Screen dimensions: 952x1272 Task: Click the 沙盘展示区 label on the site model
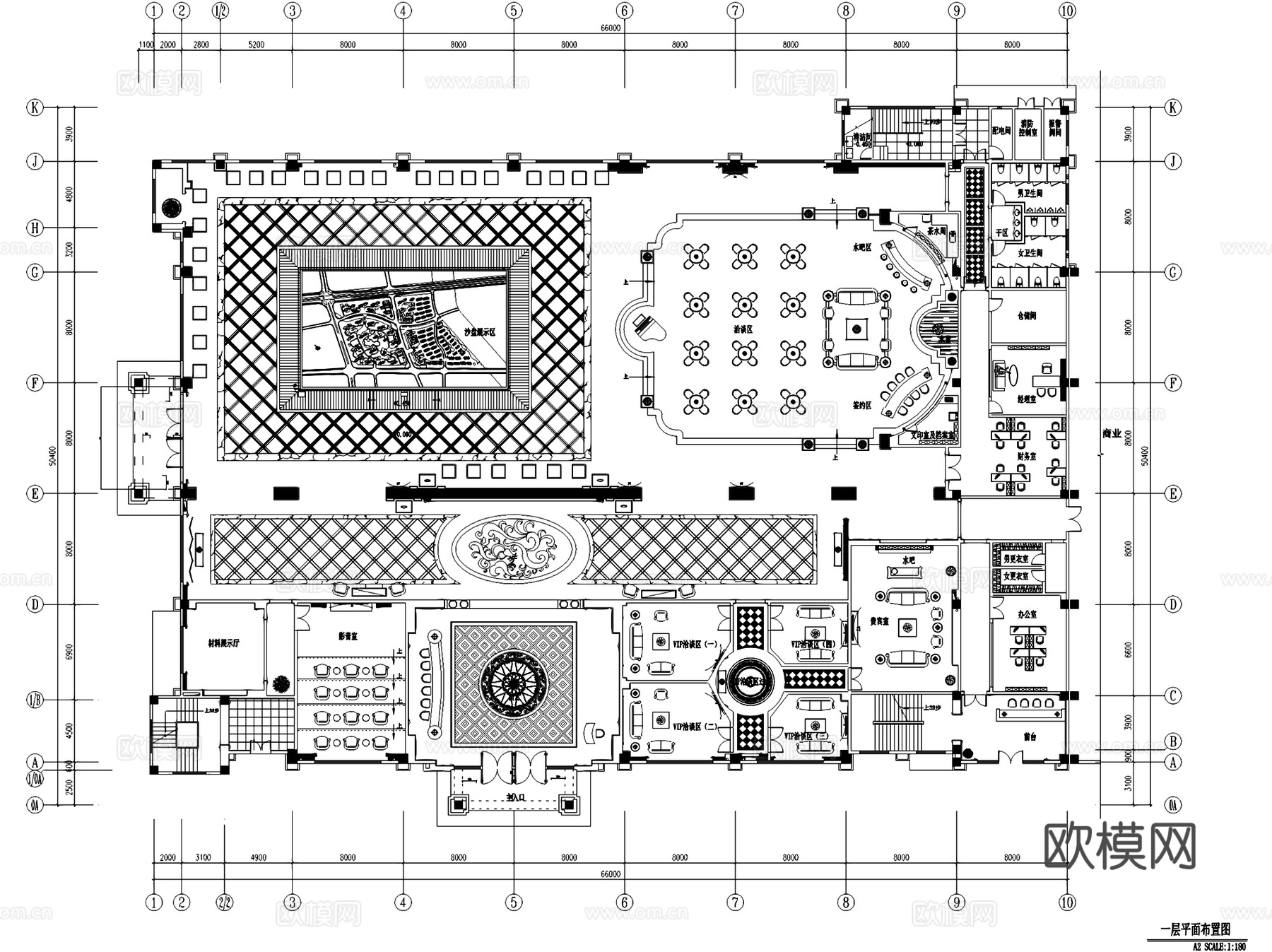[x=481, y=331]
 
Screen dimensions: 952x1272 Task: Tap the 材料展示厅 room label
[x=223, y=644]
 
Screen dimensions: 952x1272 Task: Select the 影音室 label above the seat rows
[x=348, y=637]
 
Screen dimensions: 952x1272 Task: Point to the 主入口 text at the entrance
[x=515, y=797]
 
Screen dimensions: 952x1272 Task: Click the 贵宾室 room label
[x=879, y=621]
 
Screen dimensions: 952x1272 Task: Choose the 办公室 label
[x=1027, y=615]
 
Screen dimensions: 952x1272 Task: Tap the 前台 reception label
[x=1030, y=736]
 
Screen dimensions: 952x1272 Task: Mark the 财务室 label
[x=1026, y=457]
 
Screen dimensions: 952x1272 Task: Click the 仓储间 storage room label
[x=1027, y=316]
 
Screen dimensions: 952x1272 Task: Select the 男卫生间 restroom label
[x=1030, y=193]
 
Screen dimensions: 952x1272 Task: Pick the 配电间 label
[x=1001, y=131]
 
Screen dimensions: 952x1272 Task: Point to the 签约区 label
[x=861, y=406]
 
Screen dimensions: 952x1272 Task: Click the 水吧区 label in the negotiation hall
[x=861, y=247]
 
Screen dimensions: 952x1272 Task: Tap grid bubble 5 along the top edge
[x=514, y=11]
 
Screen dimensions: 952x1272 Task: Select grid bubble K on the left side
[x=35, y=107]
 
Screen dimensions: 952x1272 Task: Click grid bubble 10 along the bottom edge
[x=1067, y=903]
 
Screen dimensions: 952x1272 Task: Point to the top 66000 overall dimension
[x=611, y=28]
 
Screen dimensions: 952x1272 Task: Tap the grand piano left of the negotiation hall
[x=645, y=327]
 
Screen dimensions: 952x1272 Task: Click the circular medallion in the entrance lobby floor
[x=514, y=682]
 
